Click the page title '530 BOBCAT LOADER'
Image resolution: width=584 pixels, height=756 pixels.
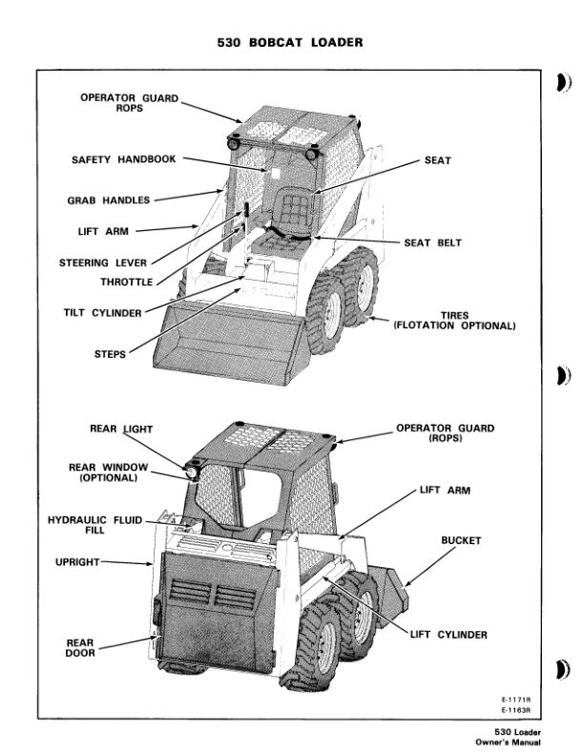coord(292,43)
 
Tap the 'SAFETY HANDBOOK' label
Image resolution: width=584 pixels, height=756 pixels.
coord(123,159)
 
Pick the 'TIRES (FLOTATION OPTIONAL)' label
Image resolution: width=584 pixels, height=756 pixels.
coord(455,321)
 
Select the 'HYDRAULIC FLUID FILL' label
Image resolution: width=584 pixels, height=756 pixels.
coord(94,525)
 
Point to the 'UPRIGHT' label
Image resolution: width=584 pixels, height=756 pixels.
coord(71,563)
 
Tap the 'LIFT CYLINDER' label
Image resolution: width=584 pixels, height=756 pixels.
coord(448,635)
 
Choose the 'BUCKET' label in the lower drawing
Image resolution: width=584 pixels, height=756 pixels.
coord(461,540)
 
